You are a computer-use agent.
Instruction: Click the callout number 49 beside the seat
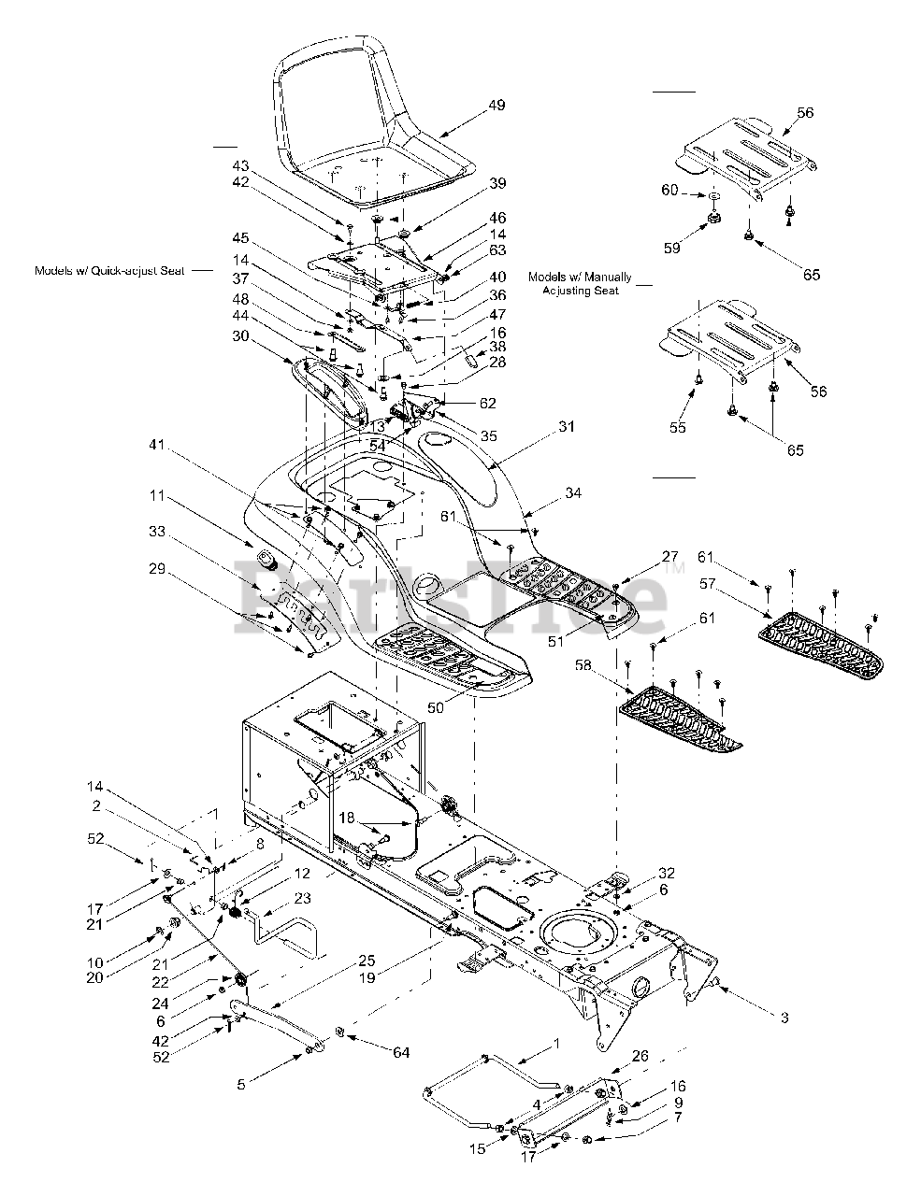pyautogui.click(x=496, y=106)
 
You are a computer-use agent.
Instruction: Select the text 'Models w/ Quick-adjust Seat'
pyautogui.click(x=109, y=270)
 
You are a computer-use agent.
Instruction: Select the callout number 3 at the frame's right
pyautogui.click(x=784, y=1018)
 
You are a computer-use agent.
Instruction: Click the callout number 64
pyautogui.click(x=402, y=1054)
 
